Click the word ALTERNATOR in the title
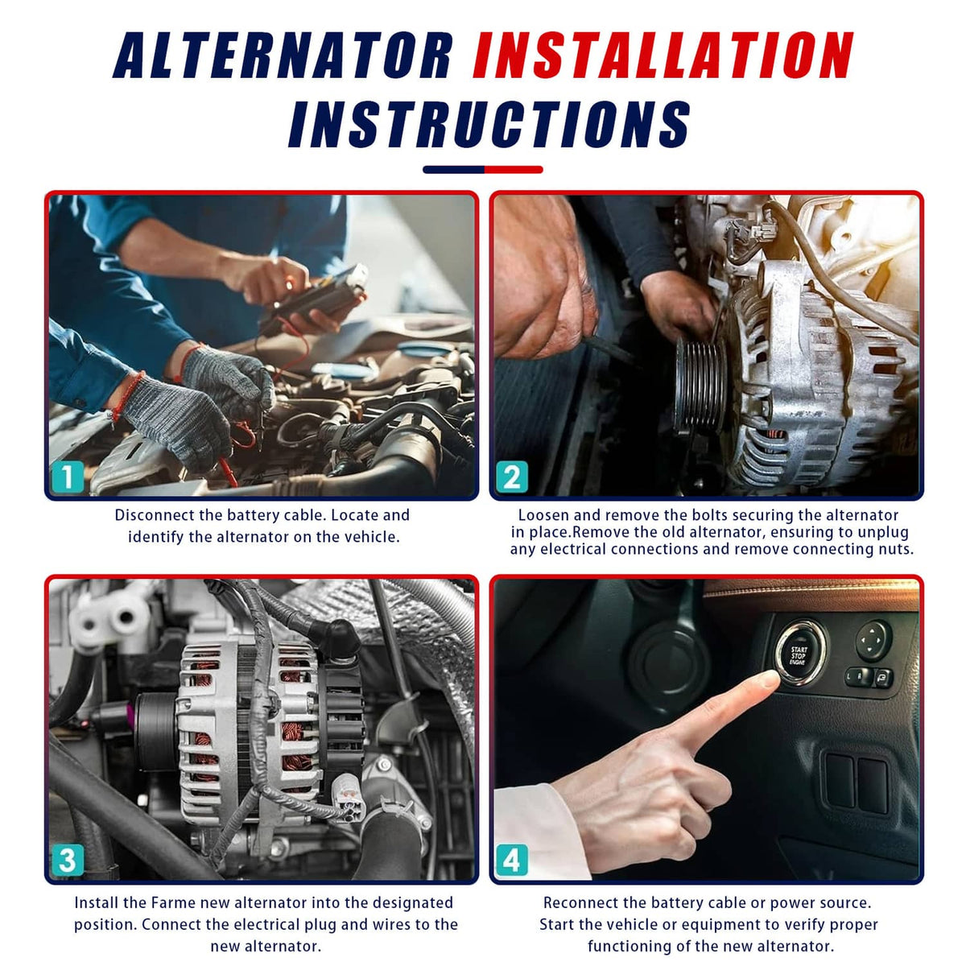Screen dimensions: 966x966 coord(283,55)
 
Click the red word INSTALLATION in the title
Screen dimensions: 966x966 coord(663,55)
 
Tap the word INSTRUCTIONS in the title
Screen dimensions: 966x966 coord(489,124)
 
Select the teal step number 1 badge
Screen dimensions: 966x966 coord(68,477)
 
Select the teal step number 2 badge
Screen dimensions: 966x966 coord(512,477)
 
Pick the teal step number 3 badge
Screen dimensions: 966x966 coord(68,861)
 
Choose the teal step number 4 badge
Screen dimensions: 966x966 coord(512,861)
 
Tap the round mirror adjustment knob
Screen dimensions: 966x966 coord(873,641)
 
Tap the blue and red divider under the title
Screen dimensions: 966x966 coord(483,169)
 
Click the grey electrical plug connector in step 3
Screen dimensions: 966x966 coord(345,795)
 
